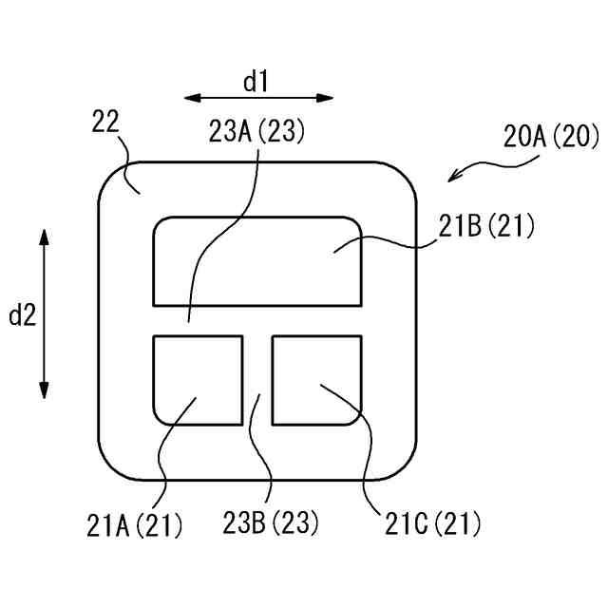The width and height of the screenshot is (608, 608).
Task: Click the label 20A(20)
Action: click(551, 137)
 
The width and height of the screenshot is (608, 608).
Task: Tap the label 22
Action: click(104, 121)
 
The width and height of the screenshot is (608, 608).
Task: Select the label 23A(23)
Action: click(256, 132)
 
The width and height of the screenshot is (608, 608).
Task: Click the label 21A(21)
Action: click(134, 523)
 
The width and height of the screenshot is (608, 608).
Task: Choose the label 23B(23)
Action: click(271, 522)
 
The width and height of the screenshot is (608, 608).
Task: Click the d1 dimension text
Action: click(256, 82)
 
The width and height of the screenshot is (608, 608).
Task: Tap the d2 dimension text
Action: click(22, 315)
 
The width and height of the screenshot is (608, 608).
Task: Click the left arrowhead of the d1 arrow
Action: click(189, 97)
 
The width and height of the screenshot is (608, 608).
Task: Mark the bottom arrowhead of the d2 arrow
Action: click(44, 393)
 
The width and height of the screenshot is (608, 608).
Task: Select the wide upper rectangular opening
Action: click(256, 261)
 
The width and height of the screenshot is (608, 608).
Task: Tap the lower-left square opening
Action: click(197, 379)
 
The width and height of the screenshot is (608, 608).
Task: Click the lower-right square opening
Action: click(316, 379)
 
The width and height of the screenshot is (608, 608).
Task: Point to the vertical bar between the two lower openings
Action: click(256, 380)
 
